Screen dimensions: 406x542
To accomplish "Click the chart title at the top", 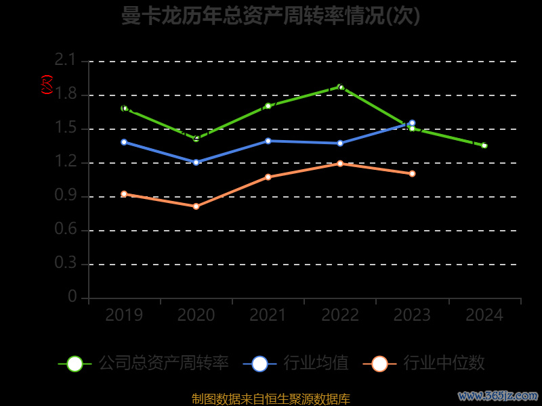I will point(271,16).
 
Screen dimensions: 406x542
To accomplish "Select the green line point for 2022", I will point(340,87).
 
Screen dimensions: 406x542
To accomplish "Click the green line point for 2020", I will point(196,139).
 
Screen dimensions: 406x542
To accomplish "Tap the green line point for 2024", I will point(484,145).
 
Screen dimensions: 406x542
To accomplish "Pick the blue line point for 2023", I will point(412,123).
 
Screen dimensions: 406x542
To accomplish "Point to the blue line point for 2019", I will point(124,142).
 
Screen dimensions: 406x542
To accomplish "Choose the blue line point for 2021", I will point(268,141).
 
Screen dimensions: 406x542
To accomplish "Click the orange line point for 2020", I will point(196,206).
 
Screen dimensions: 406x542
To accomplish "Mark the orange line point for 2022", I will point(340,163).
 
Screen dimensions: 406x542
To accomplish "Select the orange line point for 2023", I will point(412,174).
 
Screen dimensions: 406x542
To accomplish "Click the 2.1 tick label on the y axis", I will point(66,61).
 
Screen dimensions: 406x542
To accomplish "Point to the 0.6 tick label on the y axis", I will point(66,230).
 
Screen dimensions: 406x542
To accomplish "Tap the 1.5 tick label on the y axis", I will point(66,129).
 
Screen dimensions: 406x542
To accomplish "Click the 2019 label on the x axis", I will point(124,315).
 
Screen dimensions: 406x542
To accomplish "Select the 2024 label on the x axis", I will point(484,315).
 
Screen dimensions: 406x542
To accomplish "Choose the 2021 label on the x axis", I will point(268,315).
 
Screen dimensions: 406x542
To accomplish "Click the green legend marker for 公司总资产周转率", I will point(75,363).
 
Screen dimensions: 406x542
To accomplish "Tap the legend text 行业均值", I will point(316,363).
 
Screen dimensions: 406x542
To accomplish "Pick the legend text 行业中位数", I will point(444,363).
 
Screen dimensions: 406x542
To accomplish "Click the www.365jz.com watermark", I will point(498,395).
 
